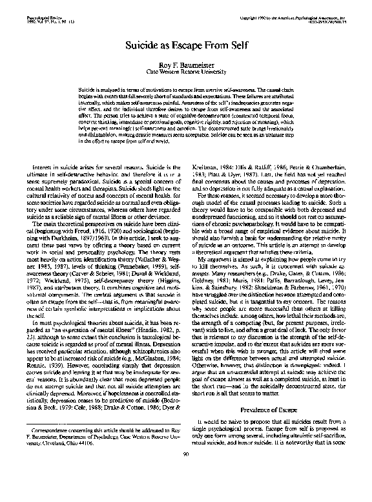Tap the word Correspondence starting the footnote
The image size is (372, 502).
tap(52, 448)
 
